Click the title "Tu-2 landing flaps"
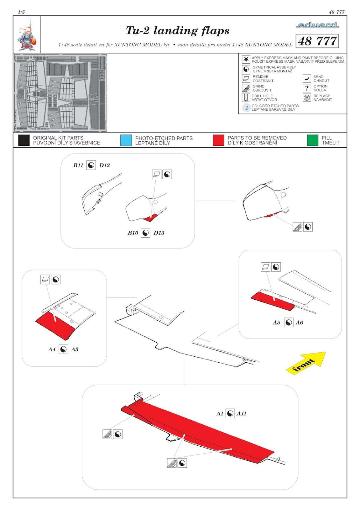point(178,31)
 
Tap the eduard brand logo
point(317,25)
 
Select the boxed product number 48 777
point(317,41)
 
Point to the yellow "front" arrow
point(306,362)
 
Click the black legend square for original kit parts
point(24,140)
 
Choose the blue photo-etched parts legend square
point(126,140)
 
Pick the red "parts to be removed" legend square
point(218,140)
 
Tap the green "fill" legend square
point(313,140)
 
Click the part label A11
point(242,414)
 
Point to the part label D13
point(159,233)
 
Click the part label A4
point(52,349)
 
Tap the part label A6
point(299,323)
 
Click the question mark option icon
point(307,88)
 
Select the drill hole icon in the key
point(246,98)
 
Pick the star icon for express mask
point(246,59)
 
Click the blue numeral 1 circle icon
point(246,108)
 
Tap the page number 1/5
point(21,12)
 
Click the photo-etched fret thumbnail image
point(61,93)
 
